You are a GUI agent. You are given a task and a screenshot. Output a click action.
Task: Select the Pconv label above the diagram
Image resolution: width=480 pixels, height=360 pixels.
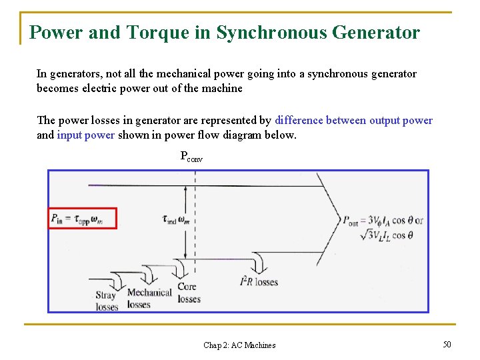click(191, 157)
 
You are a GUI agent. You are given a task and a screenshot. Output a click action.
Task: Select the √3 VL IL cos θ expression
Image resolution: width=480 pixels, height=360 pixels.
click(377, 235)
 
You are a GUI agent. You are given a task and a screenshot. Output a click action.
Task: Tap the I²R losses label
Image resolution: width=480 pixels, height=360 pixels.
click(259, 282)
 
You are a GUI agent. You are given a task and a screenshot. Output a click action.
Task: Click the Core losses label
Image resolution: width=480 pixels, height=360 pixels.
click(188, 293)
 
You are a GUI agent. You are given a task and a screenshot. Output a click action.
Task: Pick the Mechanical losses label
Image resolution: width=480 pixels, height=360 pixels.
click(149, 298)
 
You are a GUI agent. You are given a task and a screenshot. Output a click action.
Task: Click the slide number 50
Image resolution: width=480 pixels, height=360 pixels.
click(447, 344)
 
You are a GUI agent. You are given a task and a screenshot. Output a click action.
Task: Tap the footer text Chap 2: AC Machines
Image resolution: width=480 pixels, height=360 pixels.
click(239, 345)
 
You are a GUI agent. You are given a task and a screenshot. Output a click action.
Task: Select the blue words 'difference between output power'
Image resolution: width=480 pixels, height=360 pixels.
click(353, 121)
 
